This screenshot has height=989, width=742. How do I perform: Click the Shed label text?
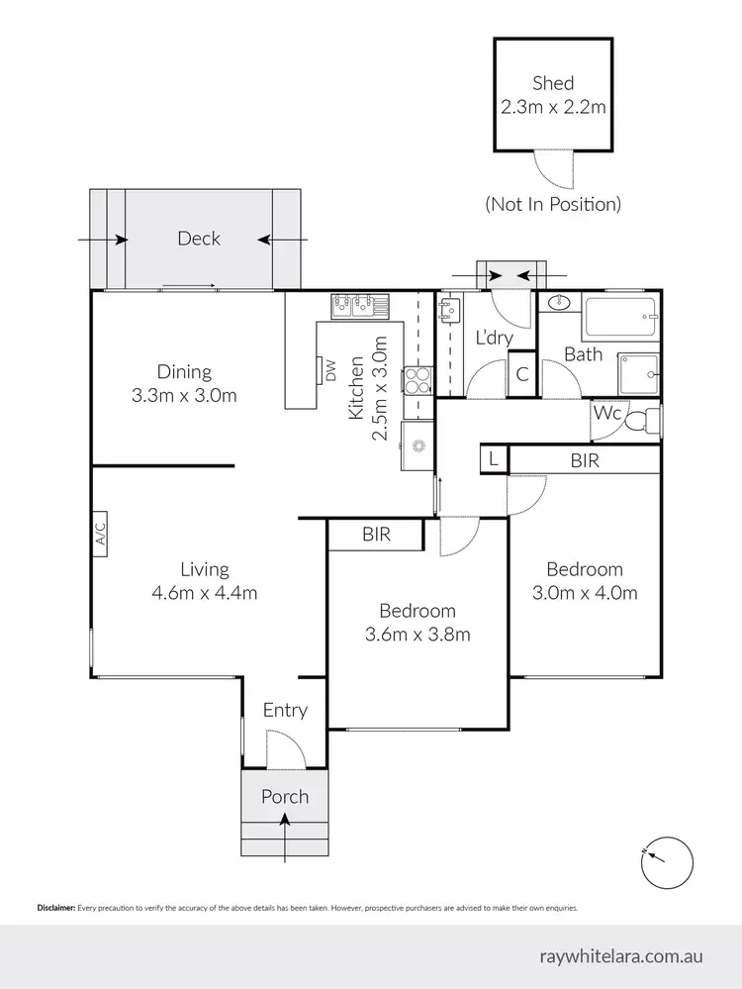[552, 82]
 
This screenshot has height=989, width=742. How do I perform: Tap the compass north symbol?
[667, 862]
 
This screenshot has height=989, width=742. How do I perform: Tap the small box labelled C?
[522, 374]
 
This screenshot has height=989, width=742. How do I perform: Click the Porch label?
[285, 796]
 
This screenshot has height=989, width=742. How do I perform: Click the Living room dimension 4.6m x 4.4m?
[205, 593]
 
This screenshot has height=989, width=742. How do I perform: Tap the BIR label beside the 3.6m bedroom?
[376, 535]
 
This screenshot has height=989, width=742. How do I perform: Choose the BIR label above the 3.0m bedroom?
[585, 460]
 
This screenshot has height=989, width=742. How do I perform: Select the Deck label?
[199, 238]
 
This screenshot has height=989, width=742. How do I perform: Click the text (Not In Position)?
[552, 204]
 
